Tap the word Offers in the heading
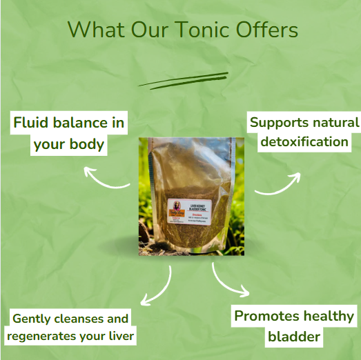tap(269, 30)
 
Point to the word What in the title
tap(93, 30)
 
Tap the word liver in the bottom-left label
tap(121, 336)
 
